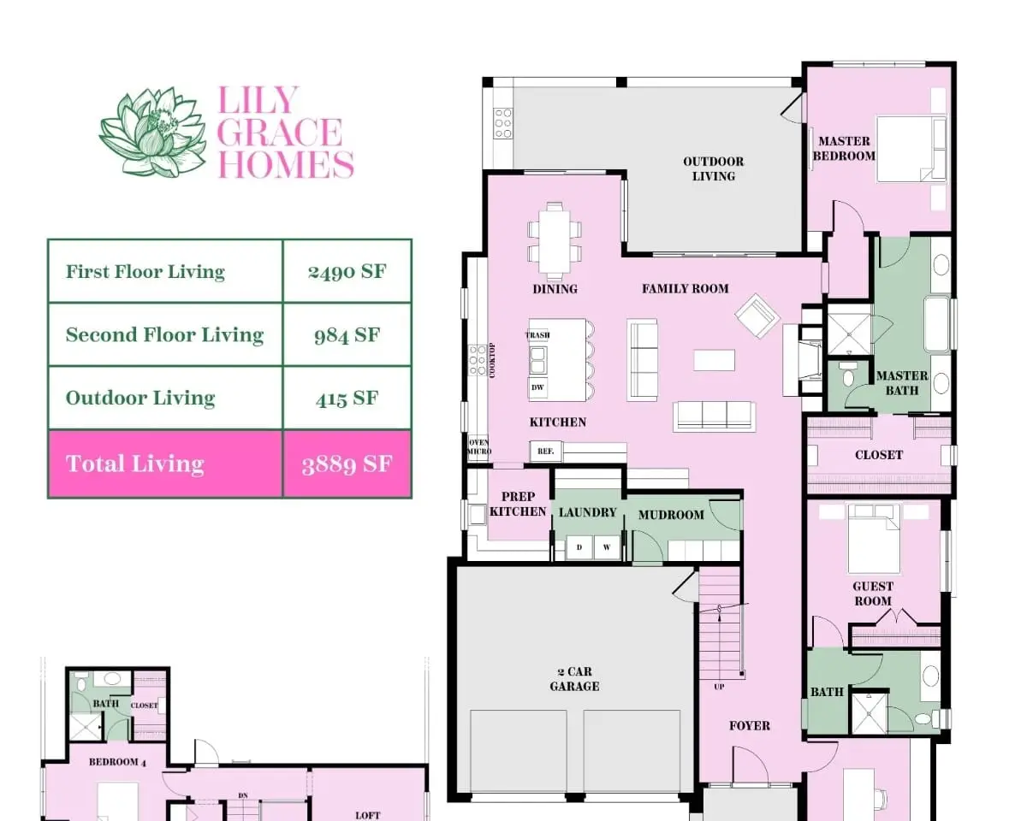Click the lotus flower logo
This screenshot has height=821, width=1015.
pyautogui.click(x=153, y=133)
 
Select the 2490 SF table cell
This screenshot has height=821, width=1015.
pyautogui.click(x=347, y=271)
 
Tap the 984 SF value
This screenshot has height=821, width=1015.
pyautogui.click(x=347, y=335)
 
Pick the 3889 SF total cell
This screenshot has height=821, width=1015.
pyautogui.click(x=347, y=464)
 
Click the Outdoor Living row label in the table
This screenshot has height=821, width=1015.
pyautogui.click(x=140, y=398)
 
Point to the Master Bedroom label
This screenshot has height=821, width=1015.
pyautogui.click(x=844, y=148)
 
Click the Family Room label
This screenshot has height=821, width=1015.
pyautogui.click(x=685, y=288)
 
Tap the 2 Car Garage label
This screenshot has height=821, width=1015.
pyautogui.click(x=574, y=679)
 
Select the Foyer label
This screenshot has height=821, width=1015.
pyautogui.click(x=750, y=726)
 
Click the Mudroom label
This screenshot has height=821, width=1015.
pyautogui.click(x=671, y=515)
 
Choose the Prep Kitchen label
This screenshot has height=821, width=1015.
pyautogui.click(x=518, y=504)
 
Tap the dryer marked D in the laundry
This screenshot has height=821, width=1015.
pyautogui.click(x=579, y=547)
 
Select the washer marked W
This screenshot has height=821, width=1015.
pyautogui.click(x=607, y=547)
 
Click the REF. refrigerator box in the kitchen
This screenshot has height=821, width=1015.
pyautogui.click(x=546, y=451)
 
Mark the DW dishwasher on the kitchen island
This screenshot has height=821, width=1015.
pyautogui.click(x=537, y=387)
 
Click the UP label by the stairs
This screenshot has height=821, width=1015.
pyautogui.click(x=719, y=687)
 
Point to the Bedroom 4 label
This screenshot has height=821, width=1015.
pyautogui.click(x=117, y=761)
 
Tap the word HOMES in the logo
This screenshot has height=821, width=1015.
pyautogui.click(x=286, y=163)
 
